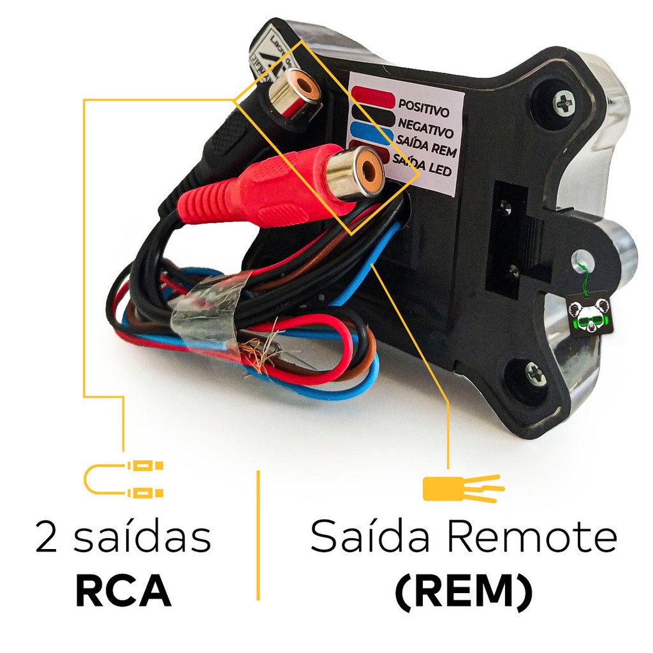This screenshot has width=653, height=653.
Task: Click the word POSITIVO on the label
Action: [x=423, y=105]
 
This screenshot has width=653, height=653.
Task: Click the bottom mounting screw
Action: [x=536, y=374]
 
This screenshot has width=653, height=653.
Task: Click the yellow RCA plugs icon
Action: [x=124, y=479]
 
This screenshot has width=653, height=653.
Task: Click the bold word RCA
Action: [x=123, y=592]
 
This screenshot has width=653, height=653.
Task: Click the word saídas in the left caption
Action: [x=142, y=538]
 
